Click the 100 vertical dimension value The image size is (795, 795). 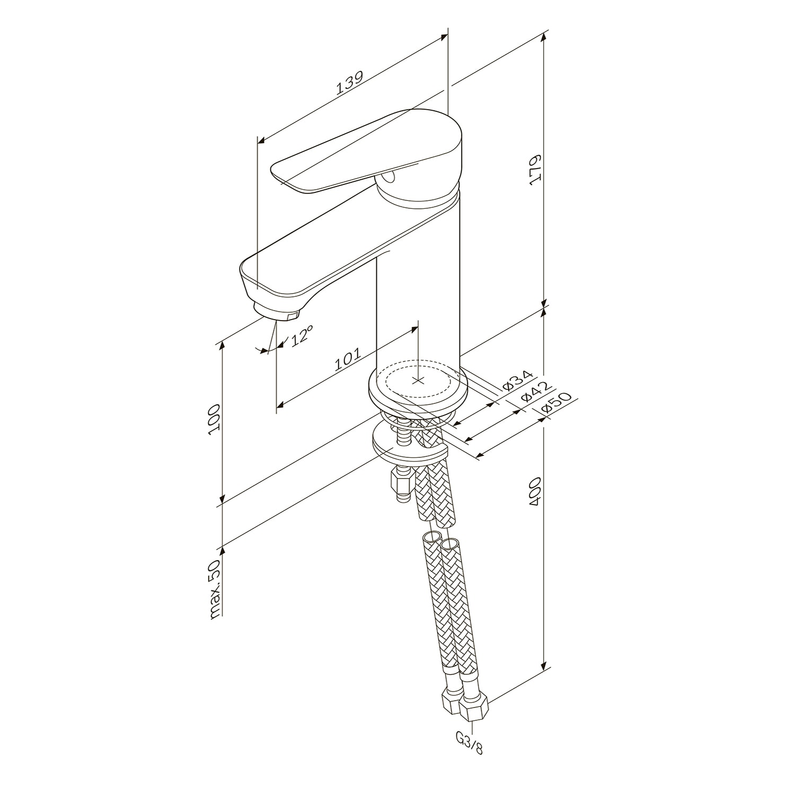pyautogui.click(x=214, y=419)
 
